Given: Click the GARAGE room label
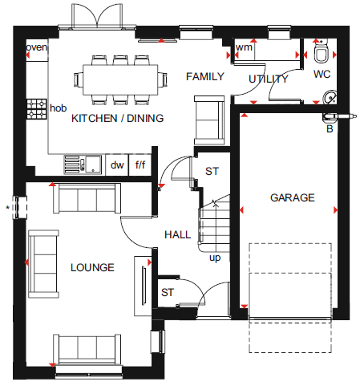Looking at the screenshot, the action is click(x=293, y=197).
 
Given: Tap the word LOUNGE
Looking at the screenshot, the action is click(x=92, y=267).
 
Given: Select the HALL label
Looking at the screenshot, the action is click(x=177, y=235).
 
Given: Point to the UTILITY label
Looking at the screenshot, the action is click(x=269, y=79).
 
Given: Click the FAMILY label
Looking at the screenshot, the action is click(x=205, y=77).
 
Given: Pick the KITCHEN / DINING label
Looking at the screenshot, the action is click(x=118, y=118).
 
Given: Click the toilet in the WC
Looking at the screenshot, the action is click(x=321, y=51).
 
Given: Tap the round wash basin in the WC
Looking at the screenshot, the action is click(x=330, y=97).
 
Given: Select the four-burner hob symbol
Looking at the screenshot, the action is click(x=36, y=109).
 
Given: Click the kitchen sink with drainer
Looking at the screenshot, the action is click(x=83, y=165).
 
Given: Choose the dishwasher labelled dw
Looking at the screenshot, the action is click(x=117, y=165).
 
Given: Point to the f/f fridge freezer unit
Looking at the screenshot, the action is click(x=140, y=165).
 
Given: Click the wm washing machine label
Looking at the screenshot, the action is click(x=244, y=47).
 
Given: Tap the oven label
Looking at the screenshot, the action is click(x=36, y=47).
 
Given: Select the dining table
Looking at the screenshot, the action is click(x=120, y=79).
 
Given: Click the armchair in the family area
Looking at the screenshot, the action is click(x=209, y=120).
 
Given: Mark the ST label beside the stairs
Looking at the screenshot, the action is click(x=212, y=171).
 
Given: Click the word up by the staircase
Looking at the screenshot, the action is click(x=215, y=258).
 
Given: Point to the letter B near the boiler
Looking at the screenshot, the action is click(x=330, y=129).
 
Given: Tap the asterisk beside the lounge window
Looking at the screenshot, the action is click(x=8, y=207).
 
